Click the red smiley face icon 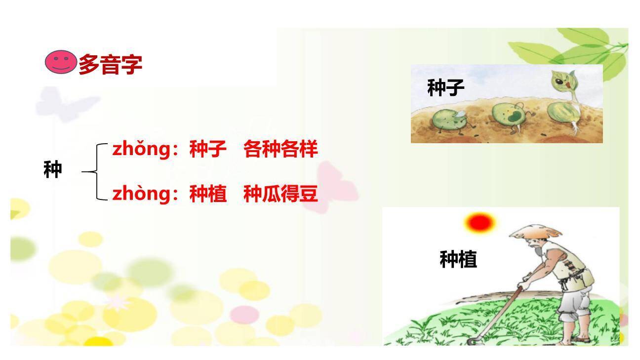[x=60, y=63]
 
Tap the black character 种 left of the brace [x=52, y=170]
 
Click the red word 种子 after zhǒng [x=208, y=149]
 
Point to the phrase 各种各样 [x=280, y=149]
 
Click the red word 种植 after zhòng [x=208, y=194]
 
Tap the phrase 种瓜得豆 [x=280, y=194]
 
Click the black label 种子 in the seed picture [x=445, y=88]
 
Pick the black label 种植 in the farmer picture [x=458, y=259]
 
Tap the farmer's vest [x=573, y=267]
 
